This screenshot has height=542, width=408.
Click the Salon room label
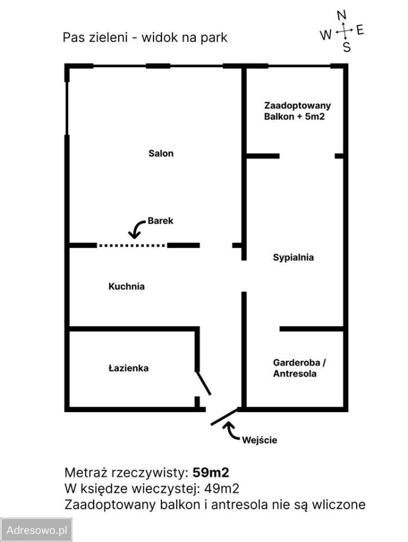coord(161,153)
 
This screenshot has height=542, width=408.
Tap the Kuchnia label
coord(126,286)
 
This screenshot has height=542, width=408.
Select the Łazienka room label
coord(128,368)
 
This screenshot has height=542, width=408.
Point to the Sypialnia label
coord(293,257)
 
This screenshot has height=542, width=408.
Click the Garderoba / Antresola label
coord(299,368)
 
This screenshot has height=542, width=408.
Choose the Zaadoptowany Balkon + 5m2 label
coord(297,111)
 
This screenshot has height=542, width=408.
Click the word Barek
coord(160,221)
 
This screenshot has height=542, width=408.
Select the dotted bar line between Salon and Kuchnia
coord(131,246)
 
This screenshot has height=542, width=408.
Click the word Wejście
coord(259,440)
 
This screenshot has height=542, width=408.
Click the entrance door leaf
coord(224,417)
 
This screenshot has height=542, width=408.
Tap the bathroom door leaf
coord(203,383)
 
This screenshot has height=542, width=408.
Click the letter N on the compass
coord(341,15)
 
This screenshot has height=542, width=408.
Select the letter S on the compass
coord(346,47)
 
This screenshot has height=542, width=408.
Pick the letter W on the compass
coord(326,35)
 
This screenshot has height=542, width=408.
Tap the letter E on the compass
coord(360,30)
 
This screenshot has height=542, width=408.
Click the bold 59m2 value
coord(210,472)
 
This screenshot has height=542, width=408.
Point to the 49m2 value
coord(221,488)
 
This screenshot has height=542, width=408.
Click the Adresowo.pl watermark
coord(36,530)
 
